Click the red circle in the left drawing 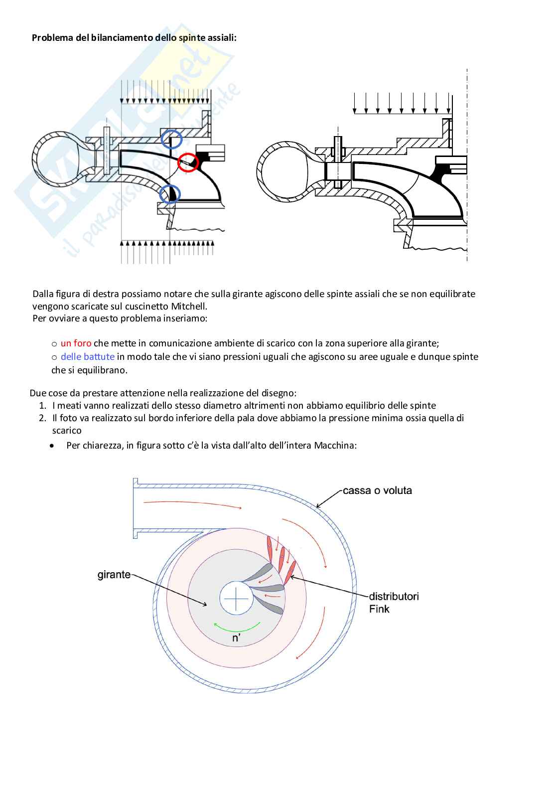tap(188, 161)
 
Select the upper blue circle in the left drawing tap(171, 139)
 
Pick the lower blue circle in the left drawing tap(170, 194)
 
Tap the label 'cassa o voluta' tap(377, 490)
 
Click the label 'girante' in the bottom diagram tap(114, 575)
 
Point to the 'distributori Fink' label tap(393, 602)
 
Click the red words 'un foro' tap(76, 343)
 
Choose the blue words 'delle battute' tap(87, 357)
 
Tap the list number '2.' tap(43, 418)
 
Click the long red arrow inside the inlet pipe tap(192, 504)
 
